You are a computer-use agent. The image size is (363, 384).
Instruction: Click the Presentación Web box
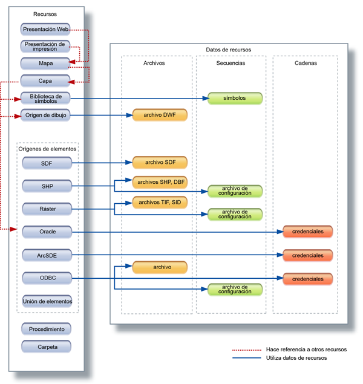[46, 28]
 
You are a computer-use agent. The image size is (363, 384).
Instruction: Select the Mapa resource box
[46, 63]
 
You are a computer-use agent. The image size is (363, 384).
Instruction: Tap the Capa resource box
[46, 80]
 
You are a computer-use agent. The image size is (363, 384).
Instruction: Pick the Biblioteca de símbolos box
[46, 98]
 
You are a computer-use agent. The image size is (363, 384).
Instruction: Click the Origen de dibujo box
[46, 115]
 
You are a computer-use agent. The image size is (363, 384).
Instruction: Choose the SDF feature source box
[47, 163]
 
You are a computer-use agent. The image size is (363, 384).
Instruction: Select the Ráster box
[47, 209]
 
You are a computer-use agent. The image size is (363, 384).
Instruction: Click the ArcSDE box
[47, 255]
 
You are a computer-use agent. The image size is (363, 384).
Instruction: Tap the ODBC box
[47, 278]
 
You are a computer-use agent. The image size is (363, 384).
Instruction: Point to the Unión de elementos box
[47, 301]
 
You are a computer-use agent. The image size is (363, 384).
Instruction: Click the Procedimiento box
[47, 329]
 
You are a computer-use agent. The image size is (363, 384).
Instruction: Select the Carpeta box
[47, 347]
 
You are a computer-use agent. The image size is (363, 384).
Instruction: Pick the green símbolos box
[235, 98]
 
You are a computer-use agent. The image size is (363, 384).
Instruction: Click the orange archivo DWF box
[160, 115]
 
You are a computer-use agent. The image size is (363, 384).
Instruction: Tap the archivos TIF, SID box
[160, 201]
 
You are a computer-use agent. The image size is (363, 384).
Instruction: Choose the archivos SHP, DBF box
[160, 181]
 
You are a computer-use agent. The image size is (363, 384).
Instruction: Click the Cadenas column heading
[306, 62]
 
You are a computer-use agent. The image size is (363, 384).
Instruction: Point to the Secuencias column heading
[231, 62]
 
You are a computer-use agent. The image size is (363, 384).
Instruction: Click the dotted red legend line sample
[246, 350]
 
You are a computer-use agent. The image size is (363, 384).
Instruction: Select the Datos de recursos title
[228, 50]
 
